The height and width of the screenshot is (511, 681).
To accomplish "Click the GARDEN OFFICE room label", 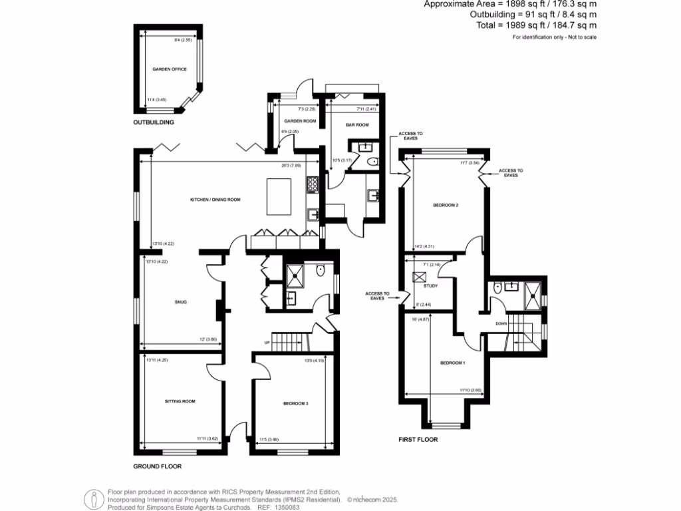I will click(x=165, y=69).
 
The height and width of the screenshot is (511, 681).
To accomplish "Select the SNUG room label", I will click(x=181, y=302).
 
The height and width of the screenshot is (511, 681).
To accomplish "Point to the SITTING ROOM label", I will click(x=180, y=401).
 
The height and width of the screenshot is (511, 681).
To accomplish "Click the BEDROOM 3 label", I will click(x=295, y=404).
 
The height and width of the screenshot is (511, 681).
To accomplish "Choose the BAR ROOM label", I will click(x=356, y=125).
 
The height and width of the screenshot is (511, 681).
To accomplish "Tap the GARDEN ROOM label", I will click(x=300, y=121).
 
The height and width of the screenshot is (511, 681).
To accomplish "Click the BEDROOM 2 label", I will click(x=446, y=205).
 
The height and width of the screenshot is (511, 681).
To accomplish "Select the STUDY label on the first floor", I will click(x=431, y=285).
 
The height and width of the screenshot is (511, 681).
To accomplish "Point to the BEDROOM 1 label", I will click(x=452, y=363).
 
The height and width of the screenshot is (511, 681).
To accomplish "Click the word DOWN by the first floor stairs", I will click(x=501, y=324).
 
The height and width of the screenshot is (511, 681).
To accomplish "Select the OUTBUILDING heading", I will click(x=154, y=123).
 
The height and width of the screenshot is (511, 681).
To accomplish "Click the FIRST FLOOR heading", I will click(x=418, y=440).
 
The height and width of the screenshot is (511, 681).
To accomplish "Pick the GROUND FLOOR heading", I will click(x=157, y=466).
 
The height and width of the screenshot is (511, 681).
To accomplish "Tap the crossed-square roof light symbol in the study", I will click(x=418, y=278).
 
